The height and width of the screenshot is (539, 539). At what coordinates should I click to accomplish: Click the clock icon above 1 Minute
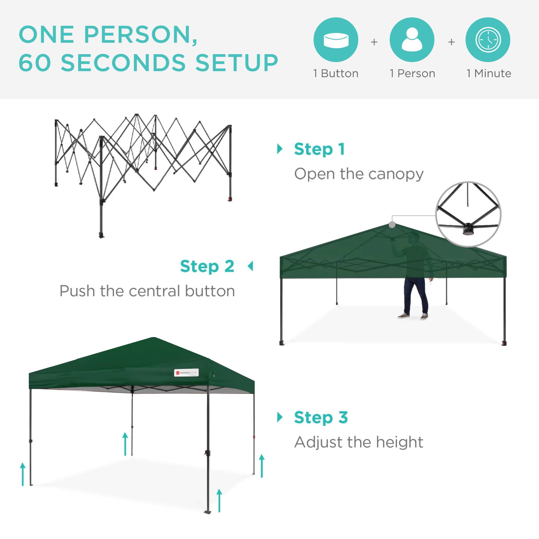tap(488, 40)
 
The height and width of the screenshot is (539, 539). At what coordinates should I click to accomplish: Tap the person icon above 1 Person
tap(412, 40)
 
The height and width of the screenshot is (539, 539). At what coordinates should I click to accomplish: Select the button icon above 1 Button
tap(336, 40)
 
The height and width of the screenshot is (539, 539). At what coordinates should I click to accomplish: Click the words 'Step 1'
tap(319, 149)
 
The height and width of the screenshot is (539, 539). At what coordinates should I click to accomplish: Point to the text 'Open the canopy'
tap(359, 174)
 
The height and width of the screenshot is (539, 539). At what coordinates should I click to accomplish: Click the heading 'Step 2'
tap(207, 267)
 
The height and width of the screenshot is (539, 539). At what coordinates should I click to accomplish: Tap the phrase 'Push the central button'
tap(147, 291)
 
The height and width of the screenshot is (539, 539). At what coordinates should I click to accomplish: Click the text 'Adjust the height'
tap(359, 442)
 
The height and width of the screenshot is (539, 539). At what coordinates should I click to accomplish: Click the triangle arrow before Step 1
tap(279, 149)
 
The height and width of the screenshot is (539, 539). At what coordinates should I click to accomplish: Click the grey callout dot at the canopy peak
tap(392, 224)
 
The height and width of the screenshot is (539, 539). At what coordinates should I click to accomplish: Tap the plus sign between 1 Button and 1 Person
tap(374, 42)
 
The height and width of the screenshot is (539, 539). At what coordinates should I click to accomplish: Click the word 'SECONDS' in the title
tap(124, 63)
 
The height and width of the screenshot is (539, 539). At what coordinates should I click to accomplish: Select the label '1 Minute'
tap(489, 73)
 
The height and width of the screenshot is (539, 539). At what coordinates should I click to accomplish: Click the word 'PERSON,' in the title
tap(141, 35)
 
